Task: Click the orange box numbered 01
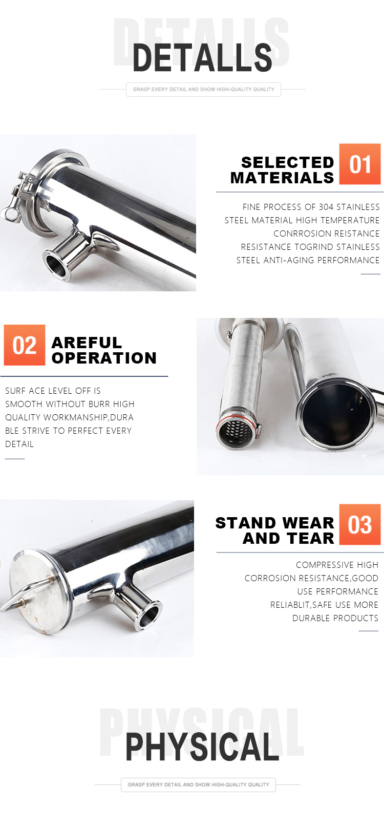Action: click(359, 164)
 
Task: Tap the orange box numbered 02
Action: click(25, 345)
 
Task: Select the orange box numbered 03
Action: click(359, 524)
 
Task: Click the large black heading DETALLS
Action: click(202, 57)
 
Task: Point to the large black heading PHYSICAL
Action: click(202, 747)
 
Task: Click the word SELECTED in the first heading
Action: click(287, 162)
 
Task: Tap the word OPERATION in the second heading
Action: click(104, 358)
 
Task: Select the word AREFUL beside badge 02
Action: click(87, 343)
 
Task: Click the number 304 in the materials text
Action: click(326, 207)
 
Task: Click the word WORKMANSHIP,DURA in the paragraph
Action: click(89, 417)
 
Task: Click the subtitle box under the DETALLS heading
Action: click(203, 90)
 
